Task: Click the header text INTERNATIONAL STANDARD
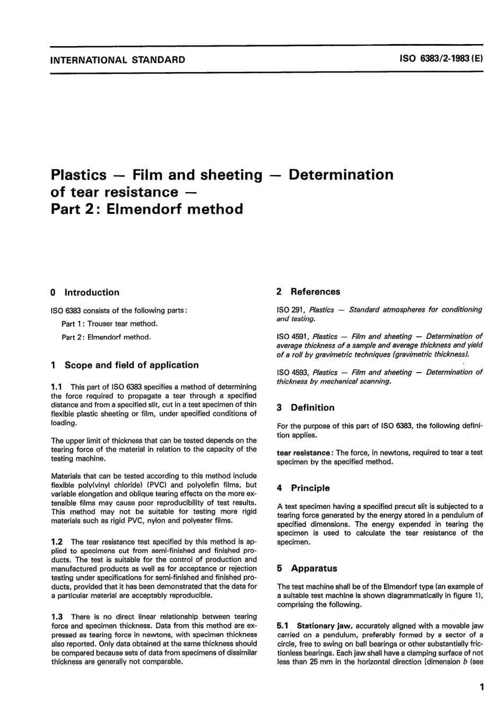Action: tap(117, 60)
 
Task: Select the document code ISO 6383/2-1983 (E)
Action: tap(440, 59)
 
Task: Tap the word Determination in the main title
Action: tap(341, 175)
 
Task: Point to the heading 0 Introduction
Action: tap(85, 292)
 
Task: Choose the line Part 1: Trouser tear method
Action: tap(109, 324)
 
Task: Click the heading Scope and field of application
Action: tap(131, 365)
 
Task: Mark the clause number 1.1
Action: tap(57, 387)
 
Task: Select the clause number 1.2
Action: tap(57, 542)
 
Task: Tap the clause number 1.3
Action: tap(57, 617)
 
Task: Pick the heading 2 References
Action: tap(308, 292)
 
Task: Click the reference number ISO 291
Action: tap(290, 309)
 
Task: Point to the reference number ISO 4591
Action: tap(292, 336)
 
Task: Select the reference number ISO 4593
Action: tap(292, 373)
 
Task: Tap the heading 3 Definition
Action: tap(306, 408)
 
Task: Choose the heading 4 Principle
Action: tap(303, 488)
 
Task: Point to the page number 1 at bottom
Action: tap(481, 687)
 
